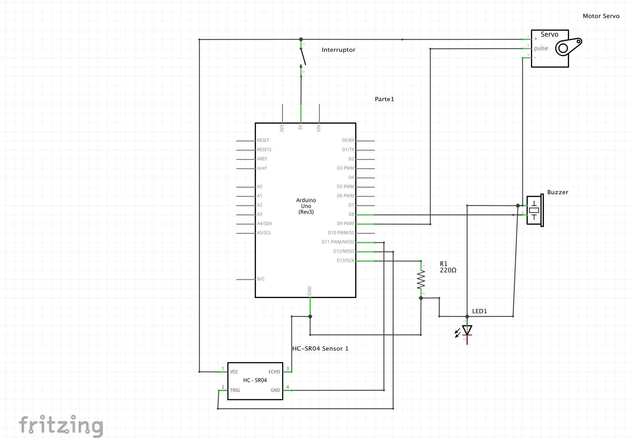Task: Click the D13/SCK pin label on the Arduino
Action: pyautogui.click(x=345, y=260)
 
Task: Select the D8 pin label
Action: pyautogui.click(x=351, y=214)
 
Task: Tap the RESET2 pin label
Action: pyautogui.click(x=264, y=150)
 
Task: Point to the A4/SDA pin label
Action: pyautogui.click(x=264, y=223)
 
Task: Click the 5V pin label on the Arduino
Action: pyautogui.click(x=300, y=127)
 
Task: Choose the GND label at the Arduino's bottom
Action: pyautogui.click(x=309, y=291)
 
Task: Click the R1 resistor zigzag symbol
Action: pyautogui.click(x=421, y=280)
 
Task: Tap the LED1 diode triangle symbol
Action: pyautogui.click(x=467, y=330)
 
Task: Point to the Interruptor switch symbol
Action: pyautogui.click(x=302, y=57)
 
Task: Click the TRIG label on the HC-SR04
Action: pyautogui.click(x=235, y=390)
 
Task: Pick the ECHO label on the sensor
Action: pyautogui.click(x=274, y=372)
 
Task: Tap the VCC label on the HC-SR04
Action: pyautogui.click(x=234, y=372)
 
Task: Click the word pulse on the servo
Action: pyautogui.click(x=541, y=49)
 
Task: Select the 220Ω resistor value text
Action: pyautogui.click(x=448, y=270)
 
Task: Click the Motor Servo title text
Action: pyautogui.click(x=601, y=16)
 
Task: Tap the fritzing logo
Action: pyautogui.click(x=61, y=425)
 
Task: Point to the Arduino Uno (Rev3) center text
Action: pyautogui.click(x=306, y=206)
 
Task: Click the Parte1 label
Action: pyautogui.click(x=384, y=99)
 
